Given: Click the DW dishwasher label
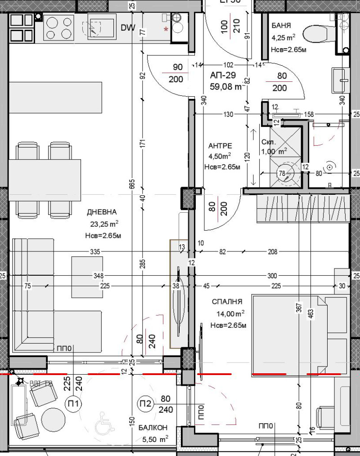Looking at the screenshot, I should point(128,28).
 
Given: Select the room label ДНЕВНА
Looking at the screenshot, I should point(102,212).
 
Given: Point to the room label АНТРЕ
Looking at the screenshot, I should point(220,146).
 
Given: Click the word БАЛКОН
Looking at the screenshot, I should point(153,428).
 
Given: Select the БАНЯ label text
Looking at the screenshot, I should point(281,26).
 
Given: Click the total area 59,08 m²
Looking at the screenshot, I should point(227,87).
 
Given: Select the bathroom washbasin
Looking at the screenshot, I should point(341,80).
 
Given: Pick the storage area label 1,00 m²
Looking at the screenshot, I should point(274,152).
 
